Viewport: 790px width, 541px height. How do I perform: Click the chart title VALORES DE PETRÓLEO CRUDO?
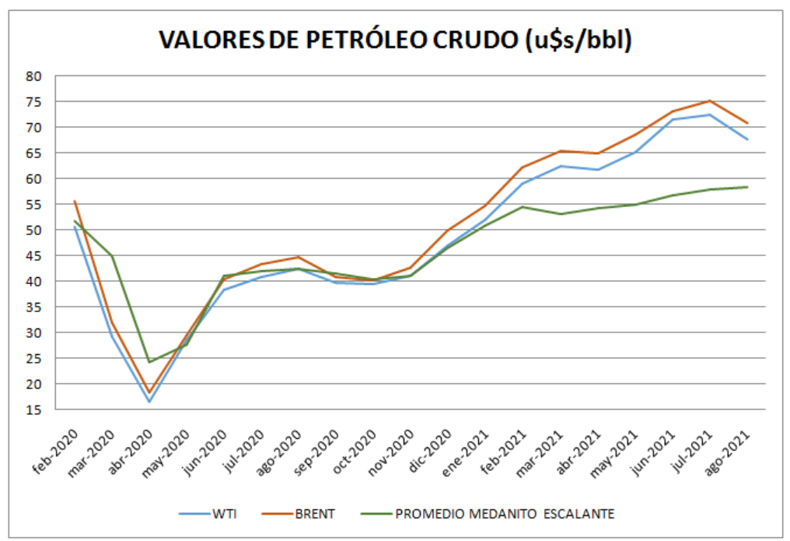[395, 40]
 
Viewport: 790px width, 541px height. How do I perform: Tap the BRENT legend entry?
[315, 515]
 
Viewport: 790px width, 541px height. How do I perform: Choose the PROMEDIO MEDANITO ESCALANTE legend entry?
[505, 515]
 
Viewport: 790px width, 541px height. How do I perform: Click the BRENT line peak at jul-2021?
[710, 100]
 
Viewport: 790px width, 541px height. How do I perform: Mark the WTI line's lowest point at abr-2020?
[149, 402]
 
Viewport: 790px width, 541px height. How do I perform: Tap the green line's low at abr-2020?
[149, 362]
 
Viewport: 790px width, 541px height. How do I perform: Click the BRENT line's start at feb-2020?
[74, 201]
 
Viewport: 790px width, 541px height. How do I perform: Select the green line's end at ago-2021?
[747, 187]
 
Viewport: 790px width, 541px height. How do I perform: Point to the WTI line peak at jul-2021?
[710, 114]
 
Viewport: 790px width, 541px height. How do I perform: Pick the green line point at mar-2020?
[111, 256]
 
